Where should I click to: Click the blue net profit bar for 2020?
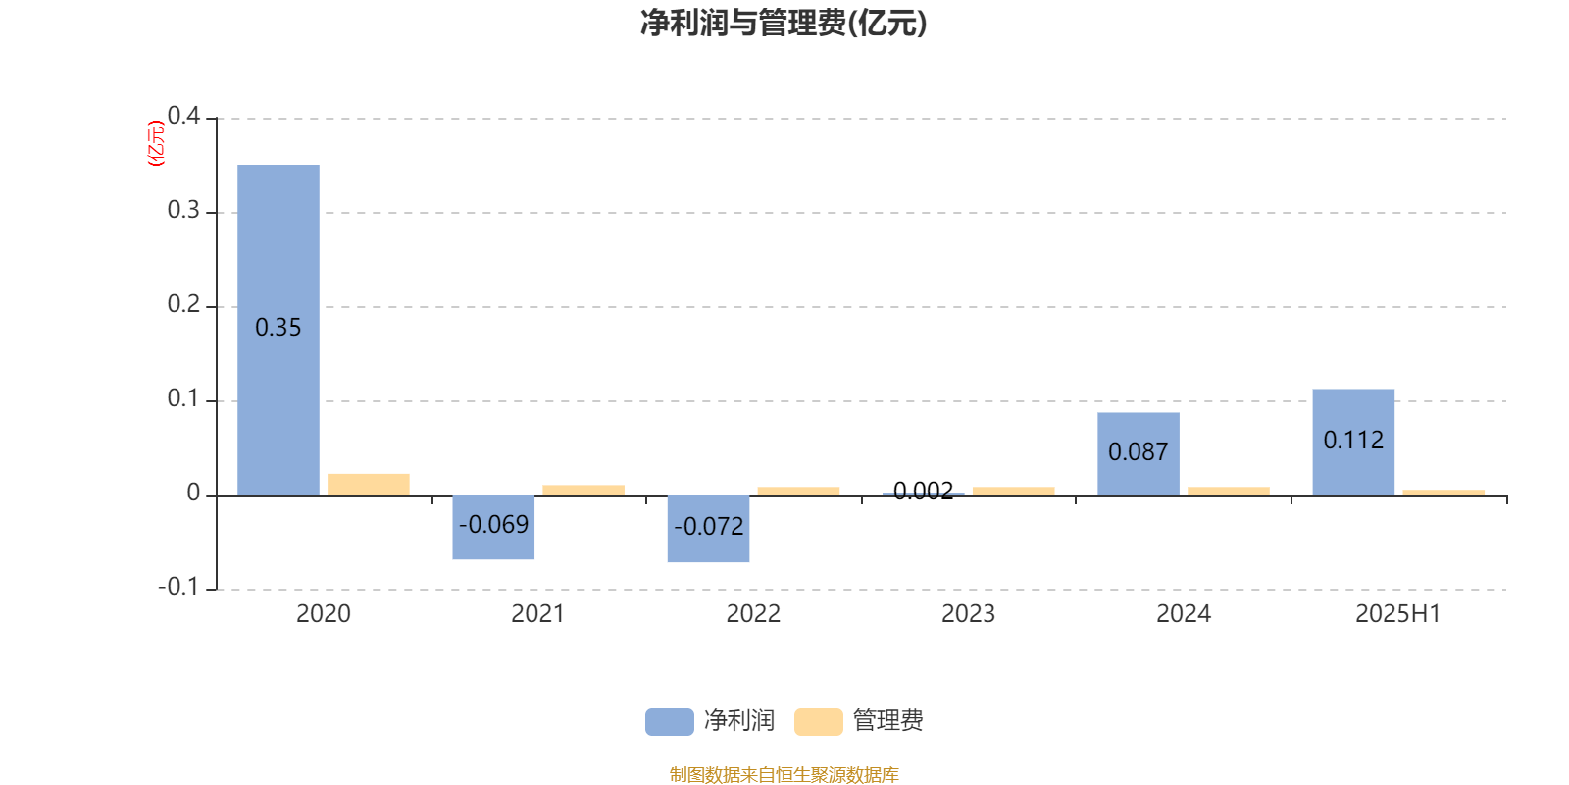click(x=278, y=330)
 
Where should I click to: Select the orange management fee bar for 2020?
click(x=369, y=485)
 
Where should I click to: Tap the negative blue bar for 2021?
click(x=493, y=527)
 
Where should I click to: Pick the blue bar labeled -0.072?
click(x=708, y=529)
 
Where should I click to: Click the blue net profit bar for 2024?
click(x=1139, y=454)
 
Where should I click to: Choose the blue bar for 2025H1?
click(x=1353, y=443)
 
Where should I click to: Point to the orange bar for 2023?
click(x=1014, y=492)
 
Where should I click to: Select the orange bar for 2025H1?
click(x=1443, y=493)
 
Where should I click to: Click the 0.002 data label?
click(x=923, y=491)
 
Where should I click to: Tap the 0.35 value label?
click(x=278, y=328)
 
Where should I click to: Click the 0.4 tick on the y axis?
click(x=183, y=116)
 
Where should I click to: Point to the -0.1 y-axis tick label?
click(x=178, y=587)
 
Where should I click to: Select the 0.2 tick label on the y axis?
click(x=183, y=304)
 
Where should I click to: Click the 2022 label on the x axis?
click(x=753, y=614)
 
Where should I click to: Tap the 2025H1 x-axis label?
click(x=1398, y=614)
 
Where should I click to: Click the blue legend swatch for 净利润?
click(x=670, y=722)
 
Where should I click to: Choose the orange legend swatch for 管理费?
click(x=818, y=722)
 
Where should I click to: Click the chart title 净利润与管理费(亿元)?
click(x=784, y=24)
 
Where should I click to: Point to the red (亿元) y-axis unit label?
click(x=156, y=143)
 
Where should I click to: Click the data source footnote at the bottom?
click(x=784, y=774)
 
